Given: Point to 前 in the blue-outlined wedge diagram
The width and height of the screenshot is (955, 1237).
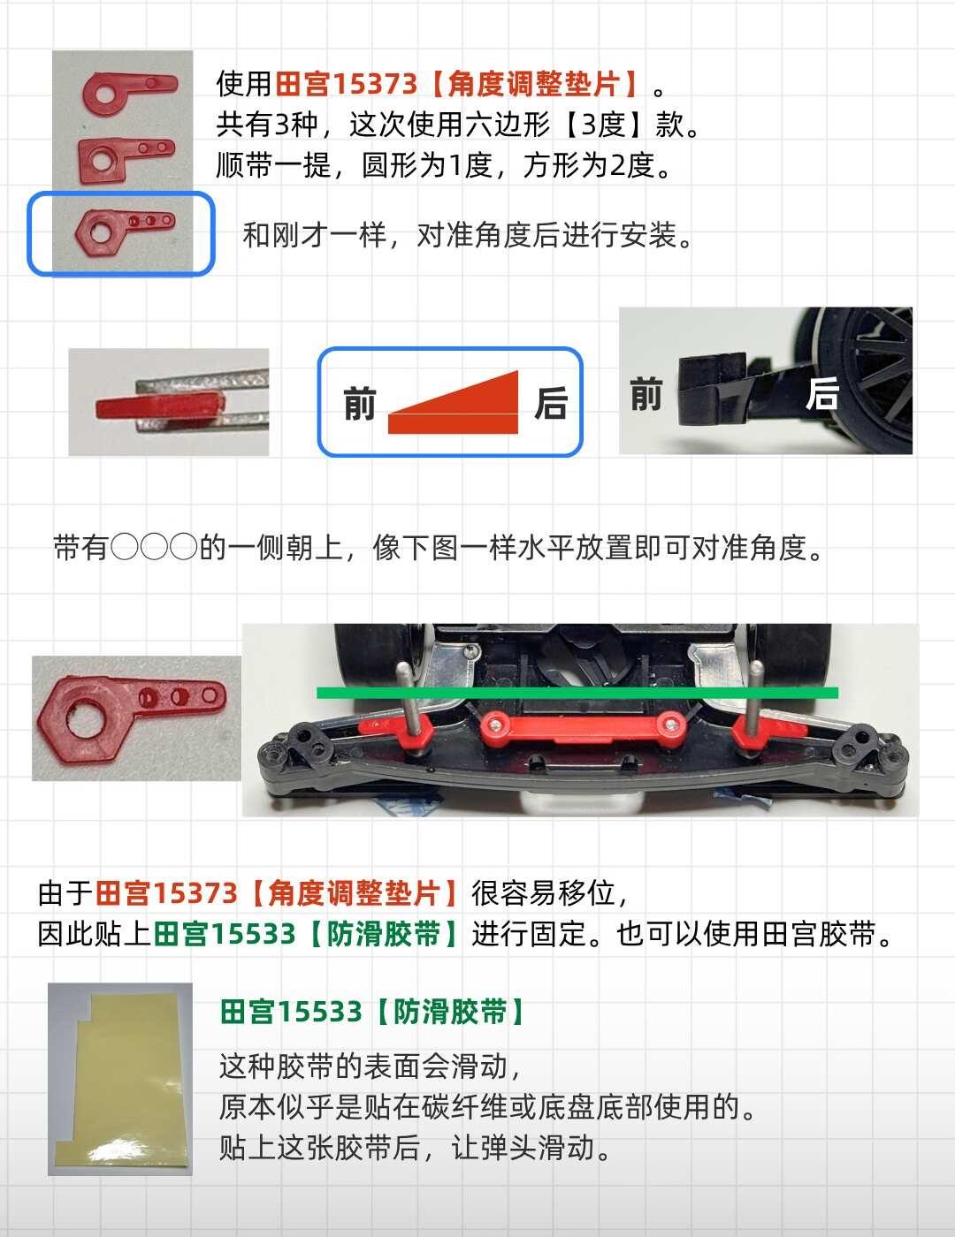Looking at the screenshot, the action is point(359,403).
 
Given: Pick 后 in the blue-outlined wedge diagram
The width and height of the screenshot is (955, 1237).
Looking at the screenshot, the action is point(551,403).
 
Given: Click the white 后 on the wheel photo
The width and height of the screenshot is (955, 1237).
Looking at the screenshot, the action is point(821,393).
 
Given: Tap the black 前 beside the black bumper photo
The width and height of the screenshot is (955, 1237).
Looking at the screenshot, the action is point(646,393).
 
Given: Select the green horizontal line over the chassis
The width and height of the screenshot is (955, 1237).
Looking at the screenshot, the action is point(577,693).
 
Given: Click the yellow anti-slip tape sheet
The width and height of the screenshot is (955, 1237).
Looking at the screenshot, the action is point(122,1078).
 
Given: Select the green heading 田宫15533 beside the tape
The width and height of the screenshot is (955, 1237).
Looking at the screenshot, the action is point(291,1012).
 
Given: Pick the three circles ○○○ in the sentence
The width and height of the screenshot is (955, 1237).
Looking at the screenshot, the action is point(154,548).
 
